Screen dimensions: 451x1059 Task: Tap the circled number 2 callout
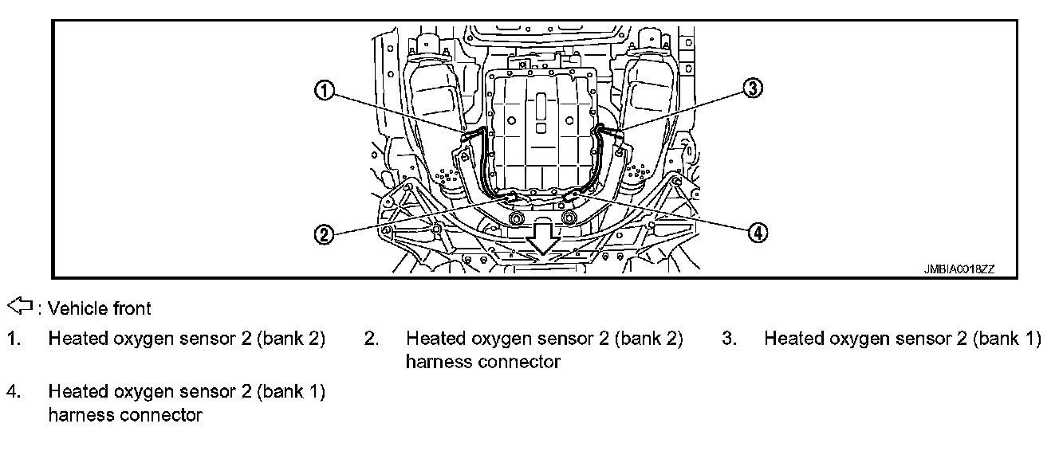point(323,235)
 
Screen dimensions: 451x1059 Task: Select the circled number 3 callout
point(752,88)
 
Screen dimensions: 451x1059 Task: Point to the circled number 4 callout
point(757,232)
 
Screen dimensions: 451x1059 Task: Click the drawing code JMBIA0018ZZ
point(959,269)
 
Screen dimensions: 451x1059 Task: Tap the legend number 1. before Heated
point(14,339)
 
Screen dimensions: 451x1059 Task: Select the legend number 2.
point(371,339)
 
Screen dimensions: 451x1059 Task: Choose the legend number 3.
point(729,339)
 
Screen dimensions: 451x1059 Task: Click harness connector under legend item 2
point(482,362)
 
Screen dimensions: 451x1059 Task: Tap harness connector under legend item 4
point(125,414)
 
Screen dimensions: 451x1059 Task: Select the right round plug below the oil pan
point(568,218)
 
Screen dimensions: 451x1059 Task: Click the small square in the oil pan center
point(541,127)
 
